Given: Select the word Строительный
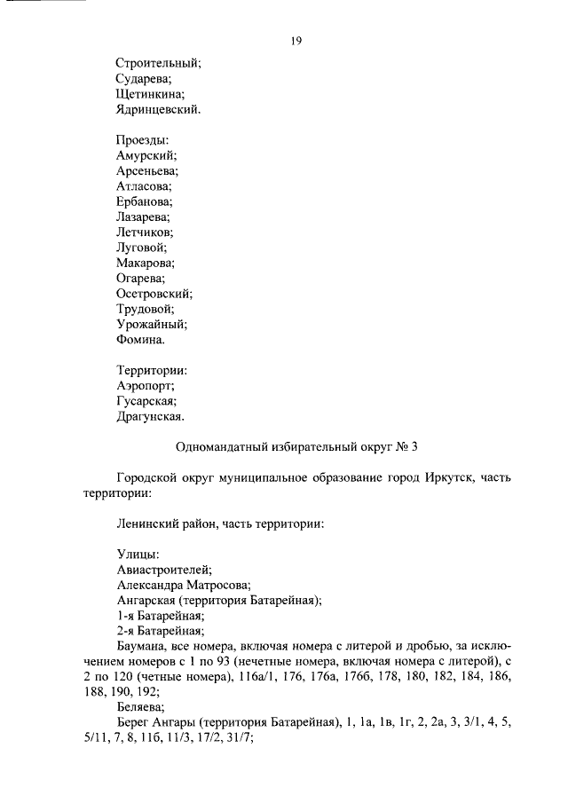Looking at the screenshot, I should [159, 63].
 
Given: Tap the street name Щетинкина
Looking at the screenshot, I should [151, 95].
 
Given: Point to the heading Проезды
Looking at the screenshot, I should [142, 140].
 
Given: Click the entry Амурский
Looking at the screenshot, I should [146, 155].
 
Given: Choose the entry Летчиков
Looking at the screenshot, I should [146, 232].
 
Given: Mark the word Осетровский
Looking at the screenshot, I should [154, 293].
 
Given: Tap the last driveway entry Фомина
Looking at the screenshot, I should [140, 339].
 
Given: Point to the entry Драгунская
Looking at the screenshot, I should [151, 415].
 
